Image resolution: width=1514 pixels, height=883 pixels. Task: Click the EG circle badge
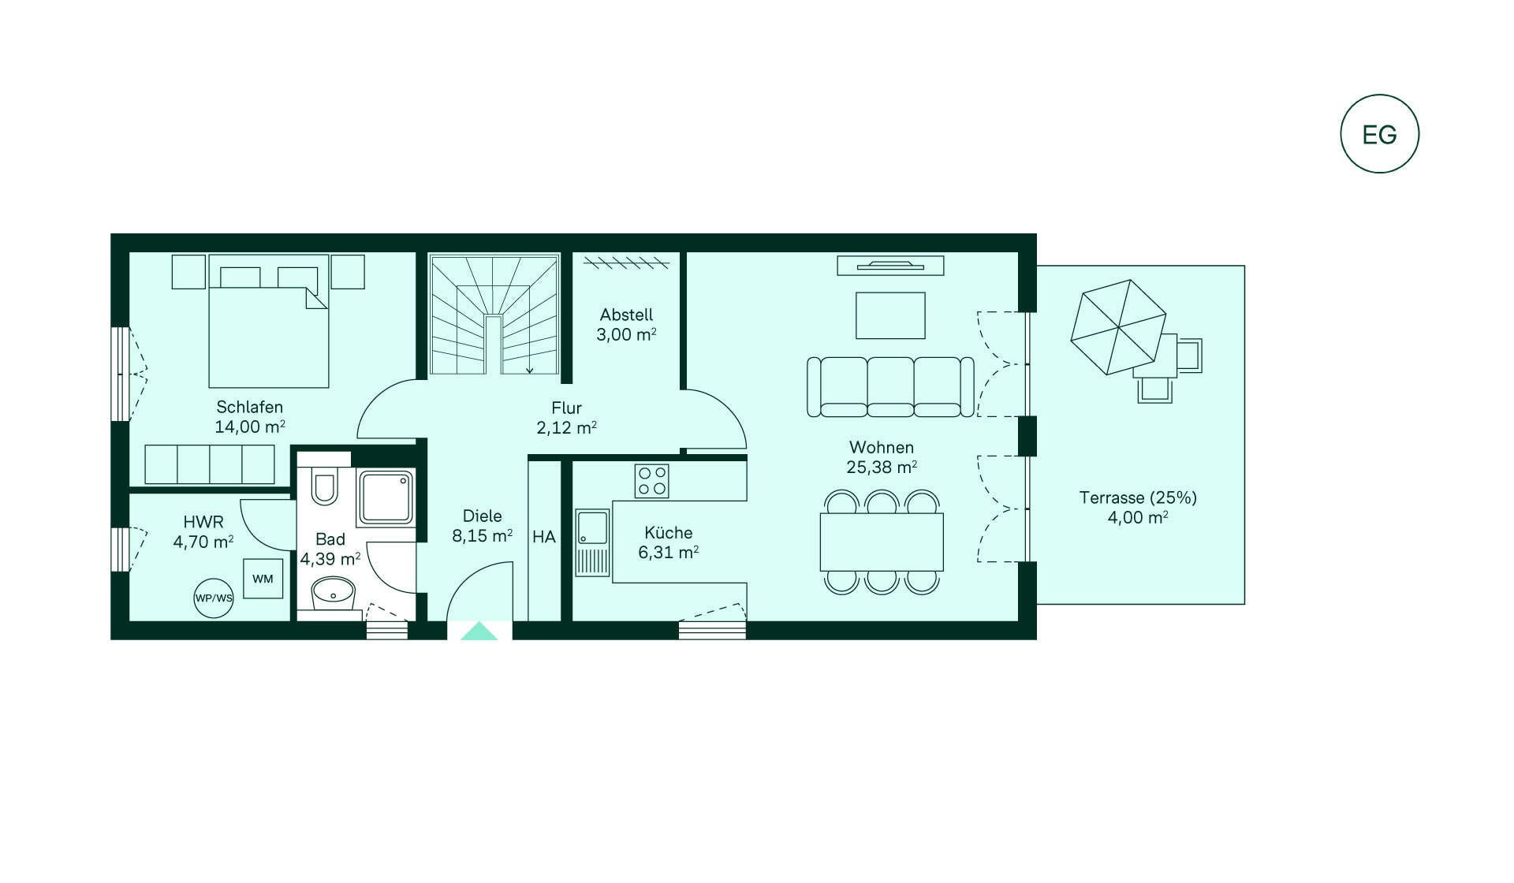(x=1379, y=134)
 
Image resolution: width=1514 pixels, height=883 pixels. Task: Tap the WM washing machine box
(x=263, y=579)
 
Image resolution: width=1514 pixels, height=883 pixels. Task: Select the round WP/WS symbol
(x=214, y=598)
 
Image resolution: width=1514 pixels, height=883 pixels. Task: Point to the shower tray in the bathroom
(x=386, y=498)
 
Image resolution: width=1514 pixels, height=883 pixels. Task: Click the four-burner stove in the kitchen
(x=652, y=481)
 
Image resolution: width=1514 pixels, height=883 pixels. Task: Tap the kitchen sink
(x=592, y=542)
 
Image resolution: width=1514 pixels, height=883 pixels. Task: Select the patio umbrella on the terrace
(x=1118, y=326)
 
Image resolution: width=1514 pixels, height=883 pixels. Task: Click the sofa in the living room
(x=890, y=386)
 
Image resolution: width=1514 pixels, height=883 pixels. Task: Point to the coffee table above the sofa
(x=890, y=315)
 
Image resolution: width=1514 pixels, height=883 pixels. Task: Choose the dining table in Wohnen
(x=882, y=542)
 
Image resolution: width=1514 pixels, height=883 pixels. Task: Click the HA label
(x=544, y=537)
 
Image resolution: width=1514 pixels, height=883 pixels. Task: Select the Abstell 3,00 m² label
(x=626, y=325)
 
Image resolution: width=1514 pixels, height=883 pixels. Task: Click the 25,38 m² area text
(x=882, y=468)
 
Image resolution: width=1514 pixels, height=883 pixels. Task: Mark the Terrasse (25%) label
(x=1138, y=497)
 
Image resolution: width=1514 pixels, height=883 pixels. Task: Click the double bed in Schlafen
(x=268, y=321)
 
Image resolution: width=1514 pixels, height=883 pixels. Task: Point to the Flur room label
(x=566, y=408)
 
